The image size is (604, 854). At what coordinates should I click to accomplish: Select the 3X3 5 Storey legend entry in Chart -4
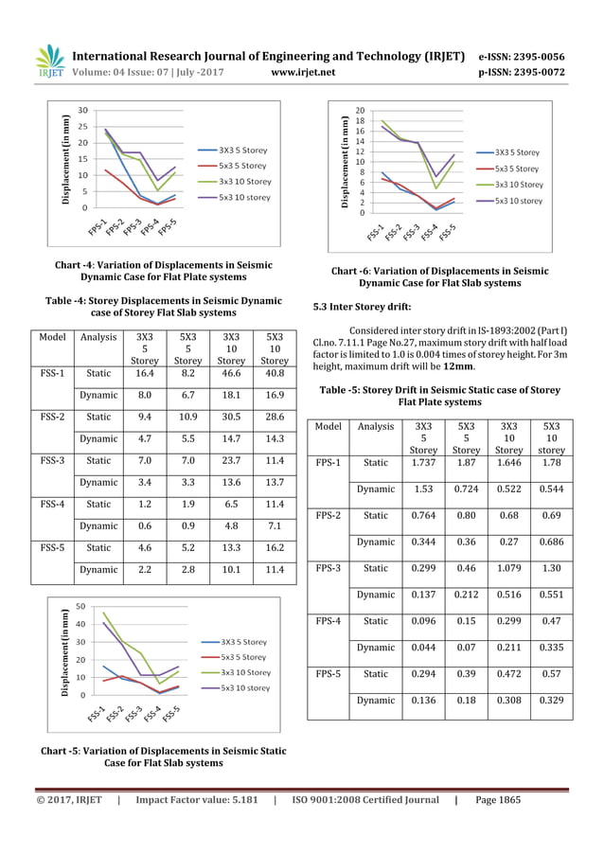[243, 150]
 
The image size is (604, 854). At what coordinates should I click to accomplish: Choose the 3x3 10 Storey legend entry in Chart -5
[244, 672]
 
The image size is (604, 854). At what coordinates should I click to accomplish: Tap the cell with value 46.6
[231, 375]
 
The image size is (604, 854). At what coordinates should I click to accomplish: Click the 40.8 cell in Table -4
[275, 375]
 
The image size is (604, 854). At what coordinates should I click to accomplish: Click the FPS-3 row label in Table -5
[329, 569]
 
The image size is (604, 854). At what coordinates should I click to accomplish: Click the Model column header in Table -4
[50, 336]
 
